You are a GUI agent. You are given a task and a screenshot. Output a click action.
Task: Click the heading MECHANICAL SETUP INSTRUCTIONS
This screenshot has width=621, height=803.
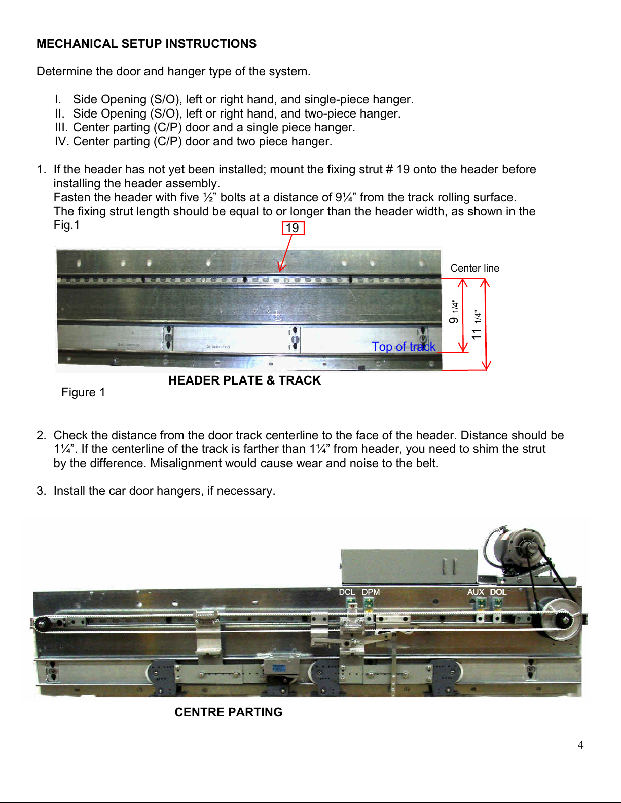tap(147, 44)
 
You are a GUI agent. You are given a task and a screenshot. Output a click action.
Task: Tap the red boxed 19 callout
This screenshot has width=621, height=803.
tap(293, 228)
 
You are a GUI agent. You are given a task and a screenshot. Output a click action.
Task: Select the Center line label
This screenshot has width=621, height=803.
tap(474, 269)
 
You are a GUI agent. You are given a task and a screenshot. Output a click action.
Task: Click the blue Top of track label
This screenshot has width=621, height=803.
tap(404, 347)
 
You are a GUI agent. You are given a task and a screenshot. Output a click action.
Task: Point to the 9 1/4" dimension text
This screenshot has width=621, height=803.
tap(454, 312)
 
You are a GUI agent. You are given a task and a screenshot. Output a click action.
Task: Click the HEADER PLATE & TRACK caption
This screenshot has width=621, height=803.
tap(244, 380)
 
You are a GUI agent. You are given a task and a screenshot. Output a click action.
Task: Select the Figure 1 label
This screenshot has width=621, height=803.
tap(83, 392)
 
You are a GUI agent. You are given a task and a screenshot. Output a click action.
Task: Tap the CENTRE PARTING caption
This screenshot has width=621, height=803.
tap(229, 712)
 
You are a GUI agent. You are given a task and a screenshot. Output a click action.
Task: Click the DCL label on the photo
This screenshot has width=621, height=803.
tap(347, 592)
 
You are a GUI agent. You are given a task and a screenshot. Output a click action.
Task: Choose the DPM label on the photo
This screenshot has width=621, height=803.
tap(371, 592)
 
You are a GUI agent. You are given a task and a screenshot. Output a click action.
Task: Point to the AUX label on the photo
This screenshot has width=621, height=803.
tap(476, 592)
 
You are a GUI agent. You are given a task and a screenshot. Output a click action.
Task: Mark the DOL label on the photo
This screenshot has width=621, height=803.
tap(498, 592)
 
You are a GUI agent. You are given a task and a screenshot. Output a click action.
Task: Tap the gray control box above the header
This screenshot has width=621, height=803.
tap(409, 566)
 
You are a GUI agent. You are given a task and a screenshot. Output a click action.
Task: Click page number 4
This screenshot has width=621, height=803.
tap(581, 745)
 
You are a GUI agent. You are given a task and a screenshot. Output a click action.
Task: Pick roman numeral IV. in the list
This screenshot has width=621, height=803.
tap(62, 141)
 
